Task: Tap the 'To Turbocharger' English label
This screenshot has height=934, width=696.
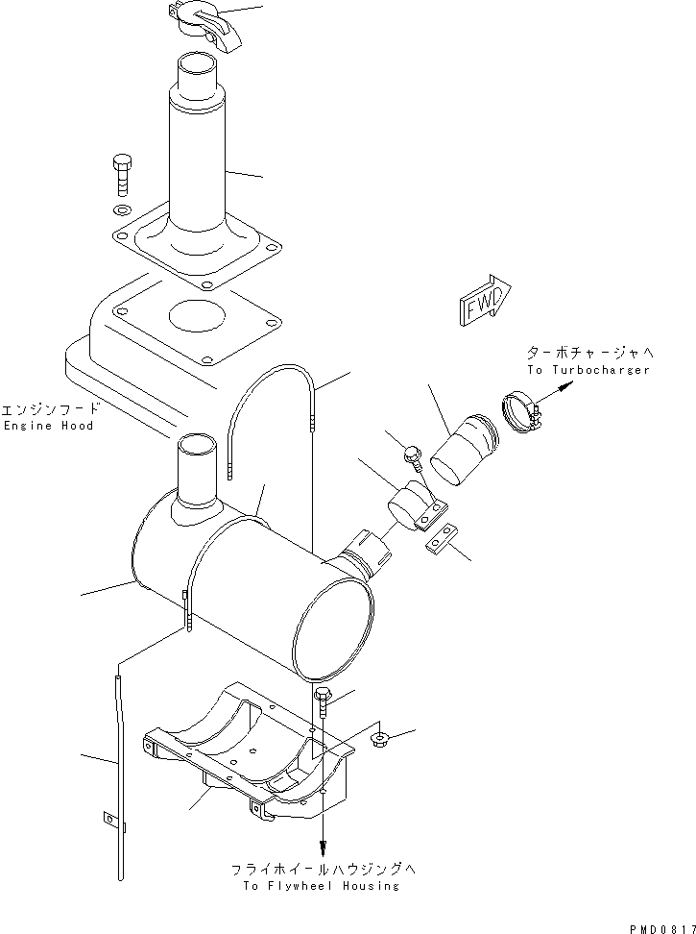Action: (x=588, y=370)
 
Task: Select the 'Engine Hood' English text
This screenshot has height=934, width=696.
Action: (x=48, y=426)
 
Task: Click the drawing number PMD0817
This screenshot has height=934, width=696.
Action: (x=662, y=927)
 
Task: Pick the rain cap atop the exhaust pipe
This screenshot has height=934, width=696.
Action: (x=204, y=21)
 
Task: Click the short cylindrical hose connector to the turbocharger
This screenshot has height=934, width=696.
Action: (x=464, y=448)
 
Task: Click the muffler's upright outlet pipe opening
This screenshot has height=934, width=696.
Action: (x=198, y=445)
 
